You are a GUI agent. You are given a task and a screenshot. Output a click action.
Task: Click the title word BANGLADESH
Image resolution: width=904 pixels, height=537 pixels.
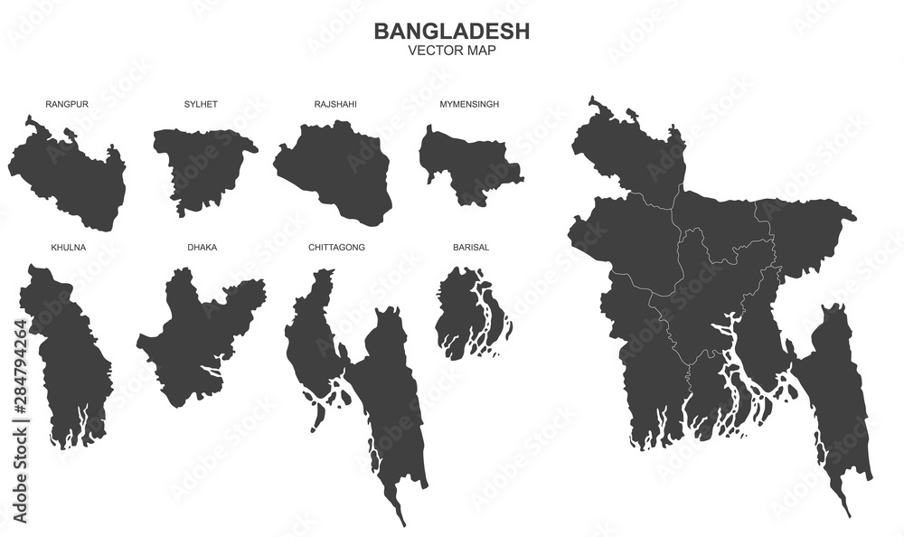[x=452, y=31]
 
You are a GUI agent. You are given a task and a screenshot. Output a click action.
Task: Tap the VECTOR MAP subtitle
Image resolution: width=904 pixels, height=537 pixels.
[x=452, y=52]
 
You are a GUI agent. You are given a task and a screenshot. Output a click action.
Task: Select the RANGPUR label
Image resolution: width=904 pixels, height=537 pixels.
[x=67, y=104]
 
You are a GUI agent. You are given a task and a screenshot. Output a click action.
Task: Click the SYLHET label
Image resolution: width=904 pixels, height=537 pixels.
[x=201, y=104]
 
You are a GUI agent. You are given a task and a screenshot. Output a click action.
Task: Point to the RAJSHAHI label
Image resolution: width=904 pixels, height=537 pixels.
[x=335, y=104]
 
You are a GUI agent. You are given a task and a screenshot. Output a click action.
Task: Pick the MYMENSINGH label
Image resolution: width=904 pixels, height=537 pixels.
[x=469, y=104]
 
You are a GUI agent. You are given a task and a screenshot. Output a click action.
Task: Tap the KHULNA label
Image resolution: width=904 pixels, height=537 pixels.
[x=69, y=247]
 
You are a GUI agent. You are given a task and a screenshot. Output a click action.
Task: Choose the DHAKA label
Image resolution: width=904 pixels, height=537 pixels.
[x=202, y=247]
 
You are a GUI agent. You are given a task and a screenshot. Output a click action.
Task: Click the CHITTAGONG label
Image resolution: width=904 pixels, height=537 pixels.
[x=336, y=247]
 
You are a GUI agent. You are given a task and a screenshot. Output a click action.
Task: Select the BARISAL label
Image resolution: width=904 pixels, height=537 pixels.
[x=470, y=247]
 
